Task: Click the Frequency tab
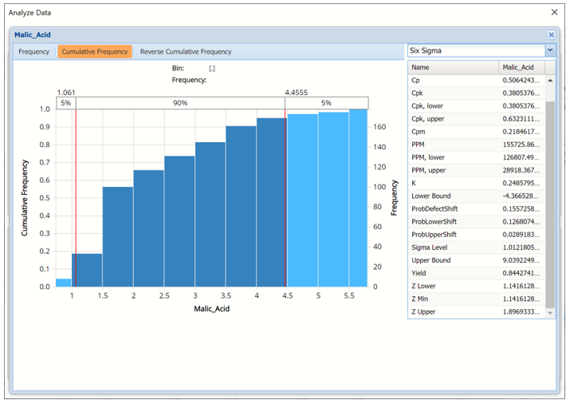[34, 52]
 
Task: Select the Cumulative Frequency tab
[95, 52]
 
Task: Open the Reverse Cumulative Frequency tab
[186, 52]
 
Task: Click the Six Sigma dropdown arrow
[549, 50]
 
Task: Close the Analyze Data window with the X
[555, 13]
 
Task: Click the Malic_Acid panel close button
[551, 35]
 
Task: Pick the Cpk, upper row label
[427, 119]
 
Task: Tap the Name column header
[420, 68]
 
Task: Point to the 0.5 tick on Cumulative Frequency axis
[44, 198]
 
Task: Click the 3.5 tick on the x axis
[226, 295]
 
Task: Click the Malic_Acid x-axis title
[211, 308]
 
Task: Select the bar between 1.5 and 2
[118, 237]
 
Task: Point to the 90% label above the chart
[180, 103]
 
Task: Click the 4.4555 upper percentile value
[297, 92]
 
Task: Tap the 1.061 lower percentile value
[66, 92]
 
